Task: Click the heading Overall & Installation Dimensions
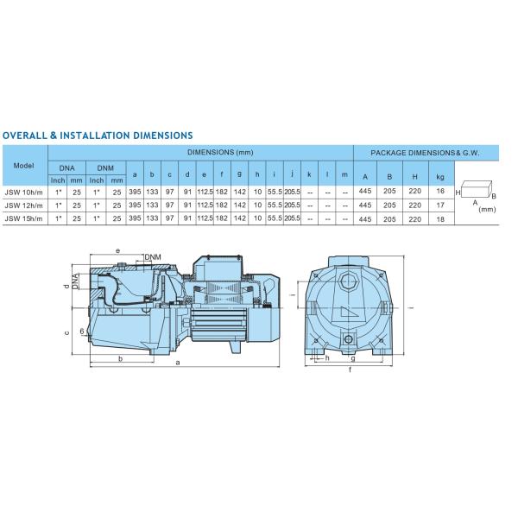(98, 136)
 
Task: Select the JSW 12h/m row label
(24, 205)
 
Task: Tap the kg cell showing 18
(440, 219)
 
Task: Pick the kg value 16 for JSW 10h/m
(440, 191)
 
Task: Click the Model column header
(24, 166)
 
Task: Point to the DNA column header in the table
(66, 168)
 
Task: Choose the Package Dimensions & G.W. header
(425, 153)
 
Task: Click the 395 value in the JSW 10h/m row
(135, 192)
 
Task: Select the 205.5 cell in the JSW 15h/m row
(292, 218)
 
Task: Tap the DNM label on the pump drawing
(153, 257)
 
